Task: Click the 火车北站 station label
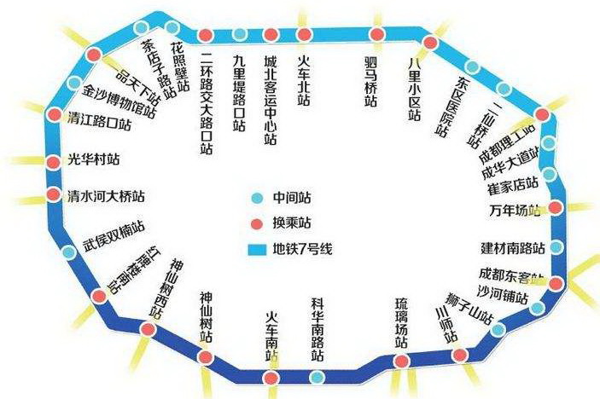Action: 304,81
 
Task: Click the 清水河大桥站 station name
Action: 106,195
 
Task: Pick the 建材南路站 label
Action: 512,248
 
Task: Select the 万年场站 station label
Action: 514,209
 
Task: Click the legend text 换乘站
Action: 292,223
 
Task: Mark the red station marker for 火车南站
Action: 271,377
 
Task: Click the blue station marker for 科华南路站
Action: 317,377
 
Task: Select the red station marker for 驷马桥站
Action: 377,35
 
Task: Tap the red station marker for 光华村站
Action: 54,159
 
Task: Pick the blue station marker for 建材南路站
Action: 556,248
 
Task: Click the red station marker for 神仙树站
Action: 205,357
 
